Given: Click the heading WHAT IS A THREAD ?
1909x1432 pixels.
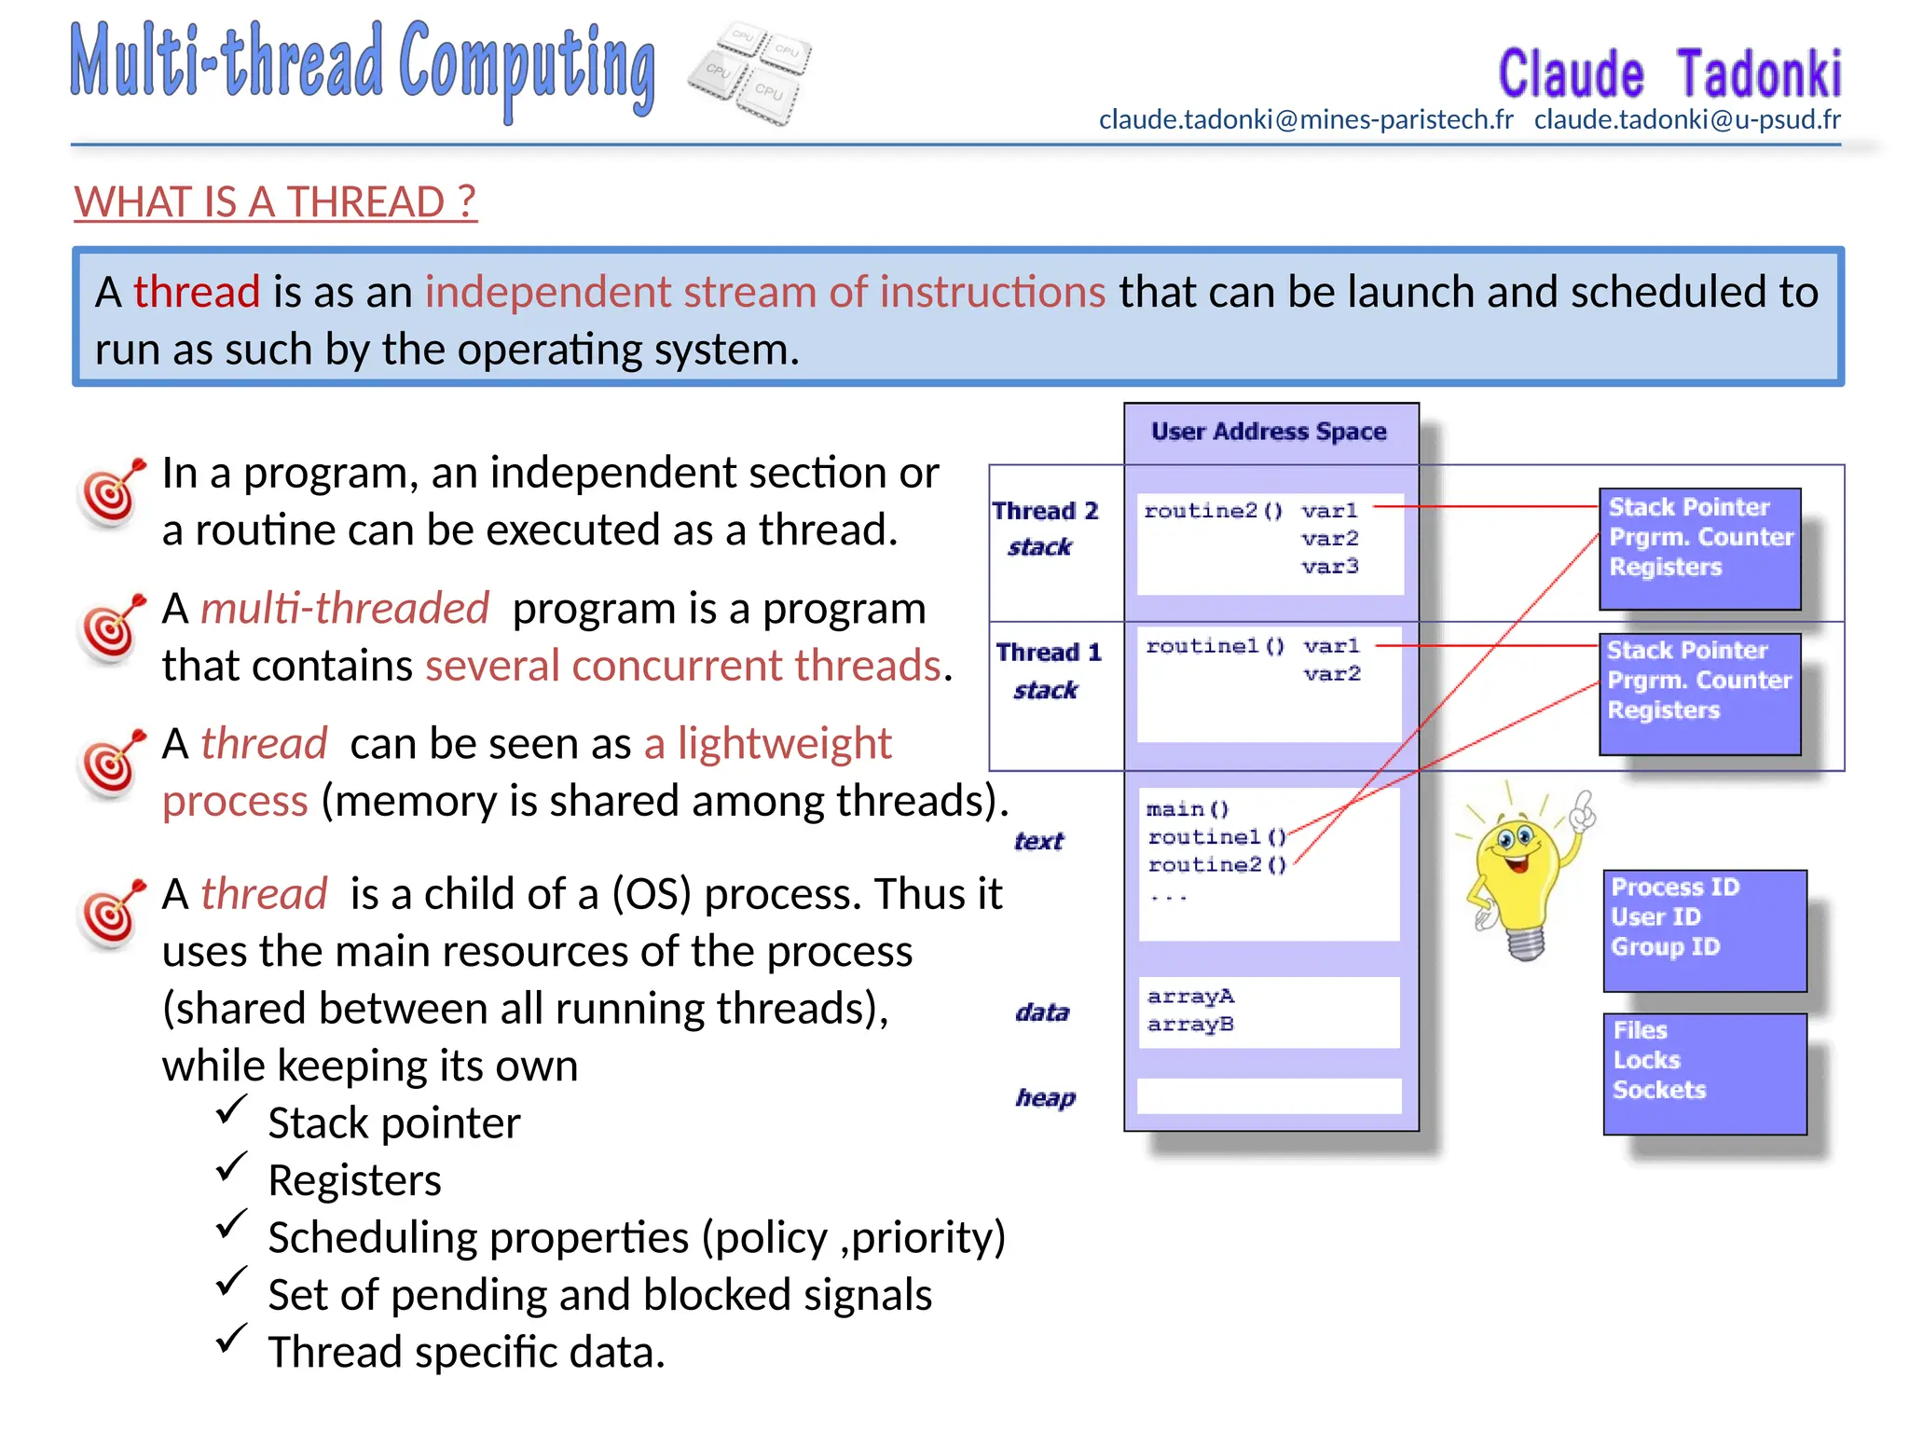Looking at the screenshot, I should (x=275, y=202).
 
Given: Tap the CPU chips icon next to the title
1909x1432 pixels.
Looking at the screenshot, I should (x=750, y=74).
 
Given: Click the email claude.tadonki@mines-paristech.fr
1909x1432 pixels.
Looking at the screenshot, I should (x=1306, y=119).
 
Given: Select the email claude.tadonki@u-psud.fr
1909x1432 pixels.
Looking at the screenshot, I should (x=1687, y=119).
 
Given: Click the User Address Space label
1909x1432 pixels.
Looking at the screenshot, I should (x=1269, y=432).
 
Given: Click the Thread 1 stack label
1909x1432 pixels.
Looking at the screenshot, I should (x=1048, y=670).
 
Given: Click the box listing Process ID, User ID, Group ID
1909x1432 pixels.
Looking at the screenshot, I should (x=1704, y=929).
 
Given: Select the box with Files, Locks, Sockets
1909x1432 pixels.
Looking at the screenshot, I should (x=1704, y=1073).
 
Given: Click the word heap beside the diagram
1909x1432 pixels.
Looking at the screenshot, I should (x=1045, y=1097).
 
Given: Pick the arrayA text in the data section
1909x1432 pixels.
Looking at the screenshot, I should (x=1190, y=996).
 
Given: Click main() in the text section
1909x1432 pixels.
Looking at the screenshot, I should (x=1188, y=808).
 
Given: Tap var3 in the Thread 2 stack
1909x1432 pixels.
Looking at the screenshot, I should (x=1330, y=566).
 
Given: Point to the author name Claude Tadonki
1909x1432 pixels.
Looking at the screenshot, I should (x=1669, y=74).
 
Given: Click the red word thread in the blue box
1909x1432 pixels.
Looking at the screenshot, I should (x=196, y=292).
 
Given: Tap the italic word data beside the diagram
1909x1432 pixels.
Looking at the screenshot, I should (x=1042, y=1012).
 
